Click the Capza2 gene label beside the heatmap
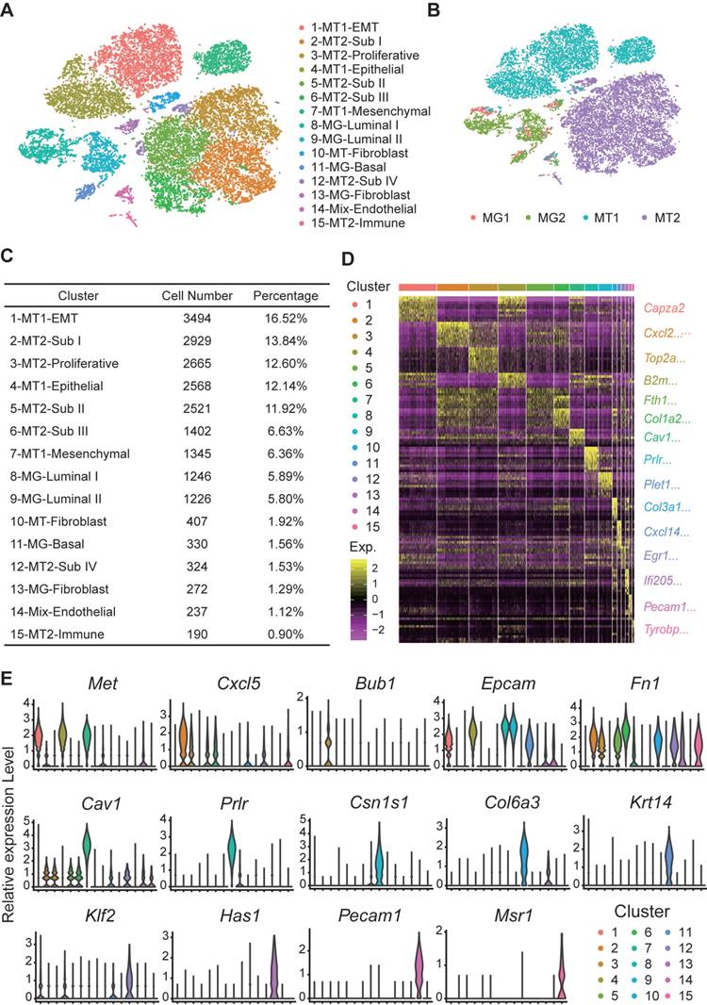point(666,307)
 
